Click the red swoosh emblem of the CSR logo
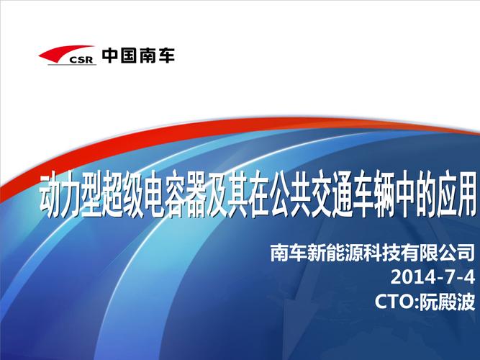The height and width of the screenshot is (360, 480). click(61, 53)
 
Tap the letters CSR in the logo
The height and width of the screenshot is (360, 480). click(81, 60)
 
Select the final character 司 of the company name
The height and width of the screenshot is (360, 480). click(466, 252)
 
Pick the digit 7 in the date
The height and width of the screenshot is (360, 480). click(451, 277)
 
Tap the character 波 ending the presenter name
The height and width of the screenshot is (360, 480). click(466, 302)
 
